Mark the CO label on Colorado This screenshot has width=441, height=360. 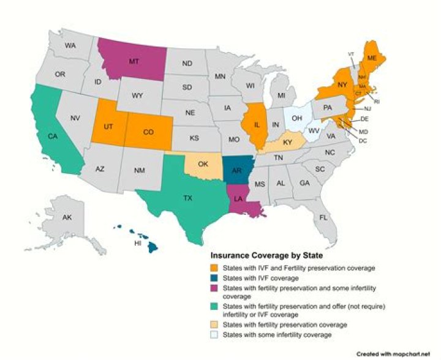tap(148, 131)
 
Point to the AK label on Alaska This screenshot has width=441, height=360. tap(68, 217)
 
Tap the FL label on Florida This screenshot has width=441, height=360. tap(323, 217)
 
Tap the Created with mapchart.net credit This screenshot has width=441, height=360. tap(397, 354)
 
